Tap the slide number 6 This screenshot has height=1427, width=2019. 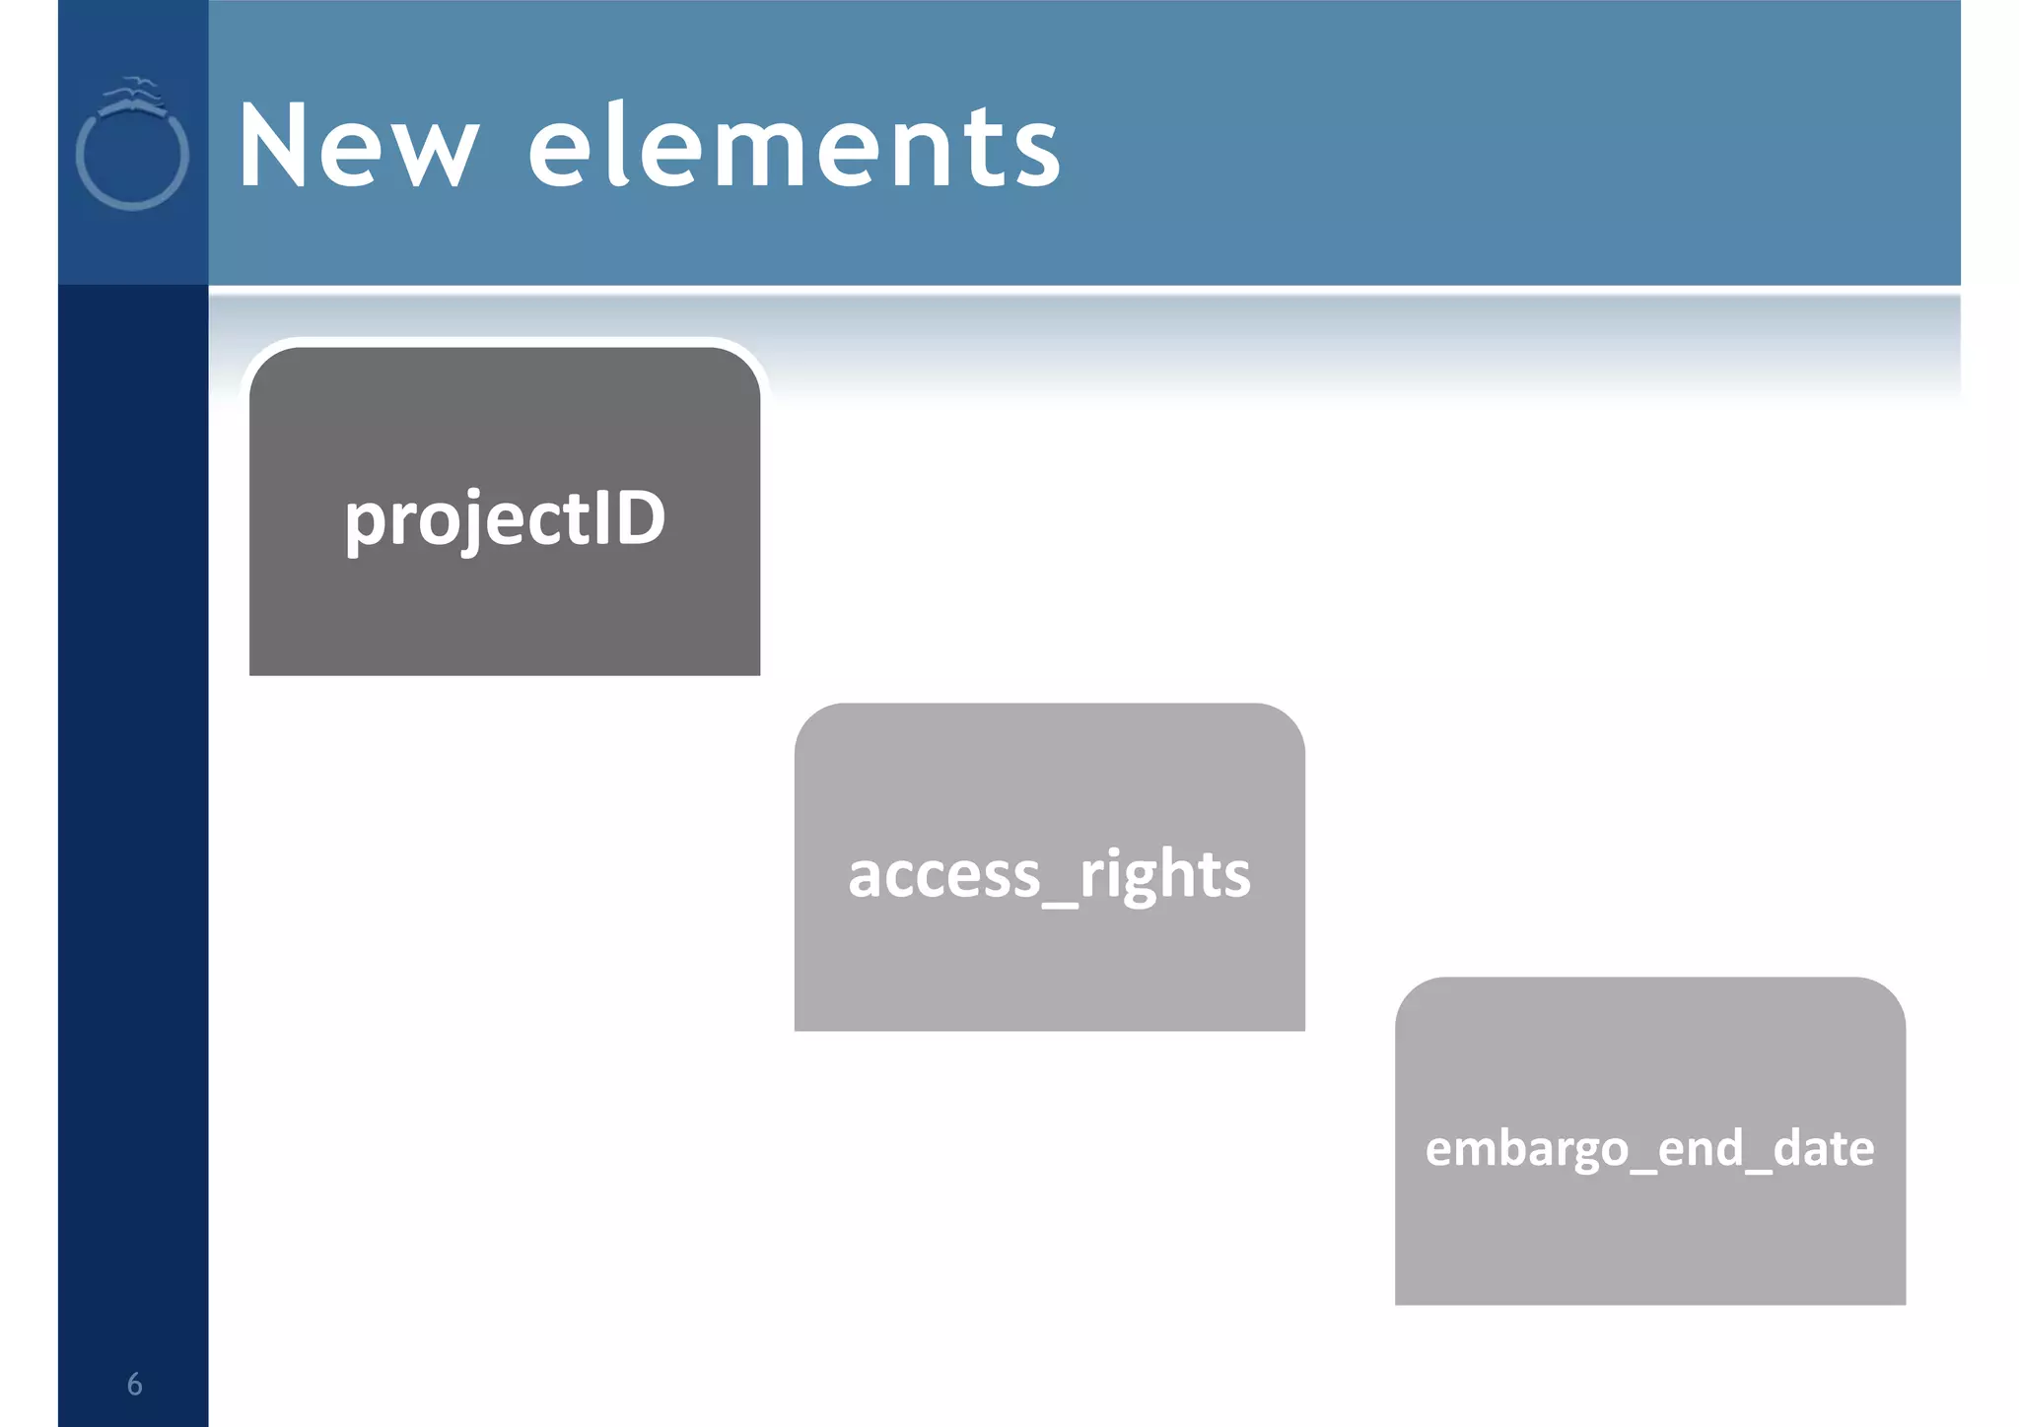135,1385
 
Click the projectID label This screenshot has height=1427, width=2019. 505,519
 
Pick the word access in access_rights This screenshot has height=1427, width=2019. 943,875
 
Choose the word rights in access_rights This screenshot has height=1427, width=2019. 1165,875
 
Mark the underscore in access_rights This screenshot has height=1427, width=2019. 1060,902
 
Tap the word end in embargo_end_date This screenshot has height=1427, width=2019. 1701,1149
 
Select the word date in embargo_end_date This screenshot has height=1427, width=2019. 1824,1149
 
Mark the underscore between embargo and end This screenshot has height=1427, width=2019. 1642,1169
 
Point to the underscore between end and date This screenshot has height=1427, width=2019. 1758,1169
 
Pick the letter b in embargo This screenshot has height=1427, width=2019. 1517,1147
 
